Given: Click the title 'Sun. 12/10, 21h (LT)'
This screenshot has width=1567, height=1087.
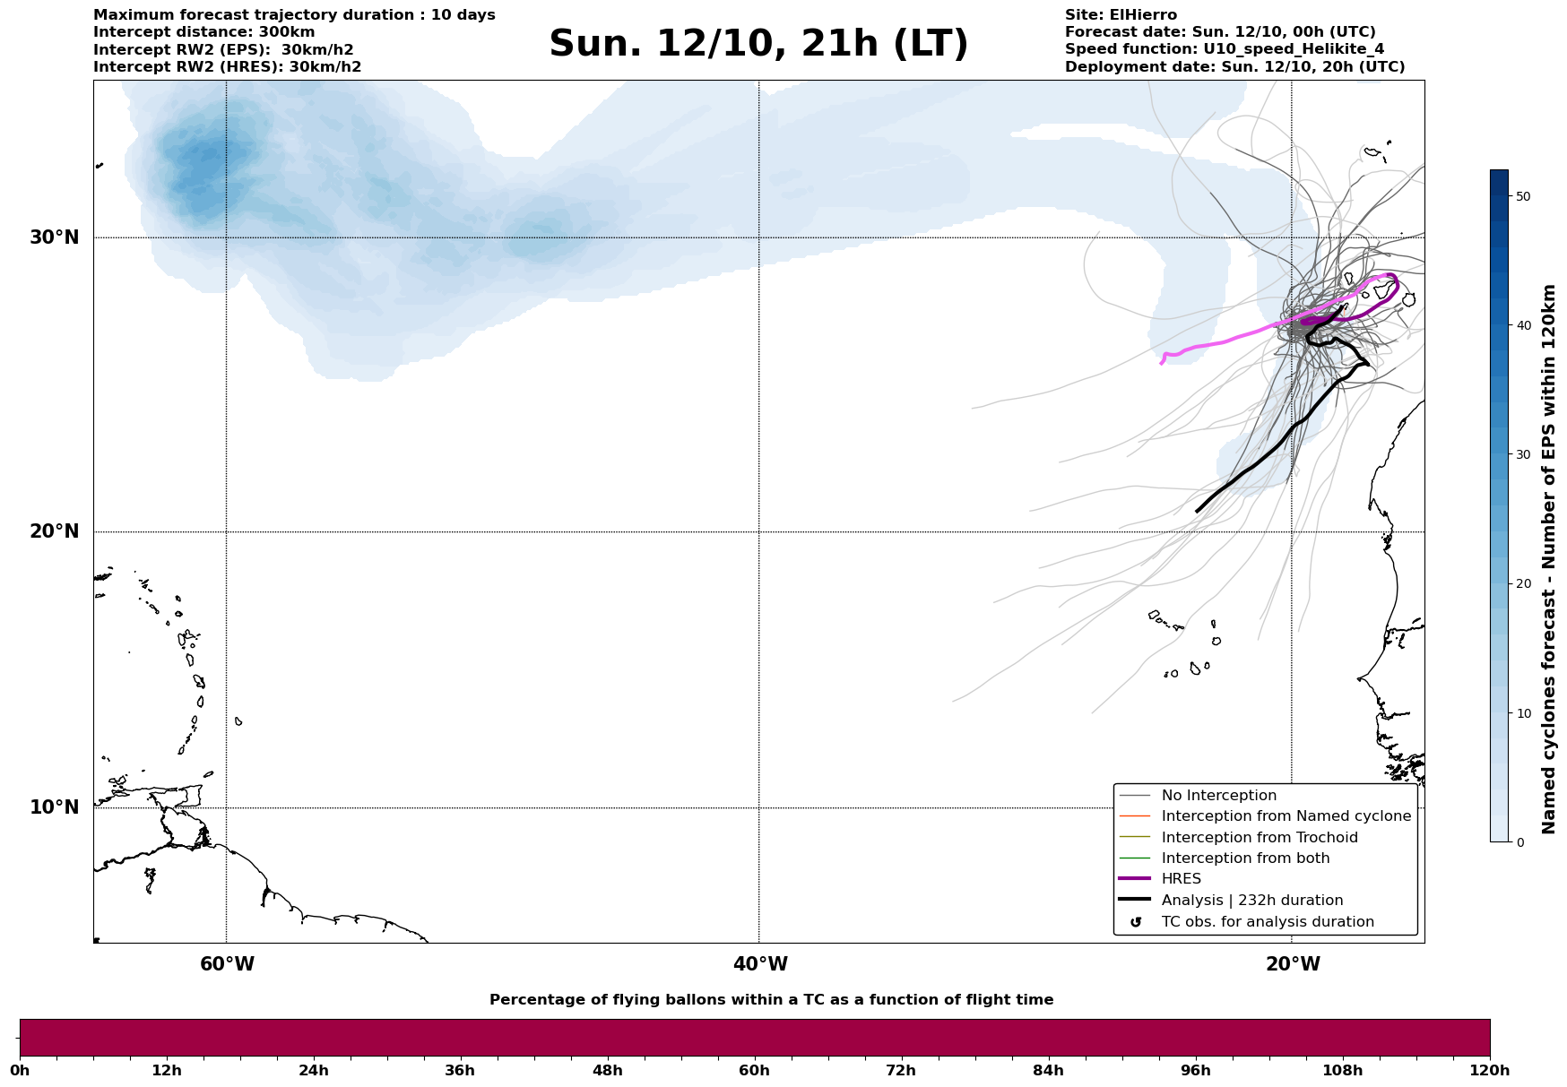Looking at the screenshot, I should click(758, 44).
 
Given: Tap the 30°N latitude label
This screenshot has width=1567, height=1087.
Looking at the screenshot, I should click(55, 237).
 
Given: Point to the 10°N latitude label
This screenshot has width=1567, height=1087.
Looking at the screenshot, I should click(55, 807).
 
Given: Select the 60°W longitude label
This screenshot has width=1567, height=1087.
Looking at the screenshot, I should click(227, 964).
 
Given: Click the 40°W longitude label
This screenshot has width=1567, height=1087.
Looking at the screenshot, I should click(760, 964).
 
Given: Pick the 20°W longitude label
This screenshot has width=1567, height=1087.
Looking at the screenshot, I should click(1293, 964).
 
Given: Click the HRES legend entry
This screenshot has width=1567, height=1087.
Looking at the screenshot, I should click(1181, 879).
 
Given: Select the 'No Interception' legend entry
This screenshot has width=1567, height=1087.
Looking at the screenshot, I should click(1218, 796).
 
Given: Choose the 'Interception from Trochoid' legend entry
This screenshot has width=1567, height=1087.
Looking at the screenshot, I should click(1259, 838).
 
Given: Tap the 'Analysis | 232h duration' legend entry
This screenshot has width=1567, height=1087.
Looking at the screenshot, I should click(1251, 901).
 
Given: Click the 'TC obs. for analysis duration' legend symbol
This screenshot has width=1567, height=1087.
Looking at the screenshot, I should click(1136, 922).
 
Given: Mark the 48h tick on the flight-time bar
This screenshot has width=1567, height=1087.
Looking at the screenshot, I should click(607, 1071).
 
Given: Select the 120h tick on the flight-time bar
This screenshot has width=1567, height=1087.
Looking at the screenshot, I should click(1489, 1071).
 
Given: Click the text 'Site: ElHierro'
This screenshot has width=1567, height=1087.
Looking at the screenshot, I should click(1121, 15).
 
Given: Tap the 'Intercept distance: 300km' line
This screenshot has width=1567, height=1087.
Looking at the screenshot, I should click(203, 32).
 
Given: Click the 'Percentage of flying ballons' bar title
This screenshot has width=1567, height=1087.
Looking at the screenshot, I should click(771, 1000).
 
